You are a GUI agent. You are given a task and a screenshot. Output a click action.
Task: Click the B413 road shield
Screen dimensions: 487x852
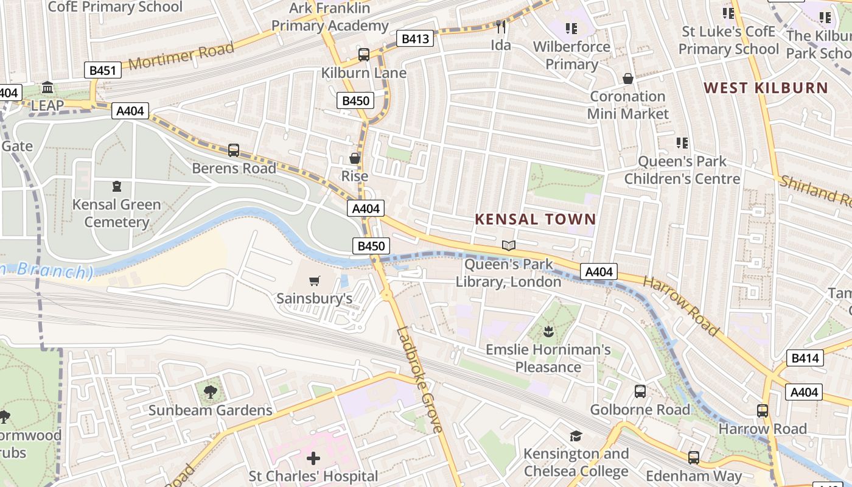point(416,39)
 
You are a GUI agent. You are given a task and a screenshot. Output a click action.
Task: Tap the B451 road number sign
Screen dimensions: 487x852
point(102,71)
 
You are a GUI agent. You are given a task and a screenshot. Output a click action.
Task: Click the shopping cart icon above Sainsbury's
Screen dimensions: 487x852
point(314,281)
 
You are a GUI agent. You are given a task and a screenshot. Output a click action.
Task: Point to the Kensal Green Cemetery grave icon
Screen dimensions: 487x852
point(116,186)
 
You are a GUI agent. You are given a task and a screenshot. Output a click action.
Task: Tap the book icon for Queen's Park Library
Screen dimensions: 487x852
point(509,245)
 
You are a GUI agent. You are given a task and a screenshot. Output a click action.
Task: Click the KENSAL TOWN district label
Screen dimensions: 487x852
point(535,219)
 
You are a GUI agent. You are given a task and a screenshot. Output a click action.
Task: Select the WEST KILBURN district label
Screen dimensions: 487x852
point(766,88)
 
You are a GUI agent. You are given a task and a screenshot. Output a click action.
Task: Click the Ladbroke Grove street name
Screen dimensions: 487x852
point(420,380)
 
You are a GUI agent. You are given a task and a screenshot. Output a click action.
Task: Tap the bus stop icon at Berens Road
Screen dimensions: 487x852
point(234,150)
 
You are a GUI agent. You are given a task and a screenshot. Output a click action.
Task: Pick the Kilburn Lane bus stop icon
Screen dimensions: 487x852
point(364,55)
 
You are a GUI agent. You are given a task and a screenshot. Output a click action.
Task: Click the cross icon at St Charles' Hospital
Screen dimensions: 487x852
point(313,458)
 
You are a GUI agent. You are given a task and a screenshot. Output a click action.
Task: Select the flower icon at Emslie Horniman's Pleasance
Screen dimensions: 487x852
point(548,332)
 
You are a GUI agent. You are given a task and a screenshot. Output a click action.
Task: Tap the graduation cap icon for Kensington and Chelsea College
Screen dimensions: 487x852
point(576,436)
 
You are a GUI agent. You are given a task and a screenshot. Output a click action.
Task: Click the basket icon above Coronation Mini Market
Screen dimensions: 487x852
point(628,79)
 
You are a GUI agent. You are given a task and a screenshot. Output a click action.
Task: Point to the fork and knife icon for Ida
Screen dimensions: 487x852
point(501,27)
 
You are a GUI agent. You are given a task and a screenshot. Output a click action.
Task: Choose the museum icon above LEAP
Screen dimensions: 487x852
point(47,88)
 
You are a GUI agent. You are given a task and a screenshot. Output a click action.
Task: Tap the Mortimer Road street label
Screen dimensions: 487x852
point(181,56)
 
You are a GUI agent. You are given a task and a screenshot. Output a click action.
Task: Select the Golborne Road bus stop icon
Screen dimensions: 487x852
point(640,391)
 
